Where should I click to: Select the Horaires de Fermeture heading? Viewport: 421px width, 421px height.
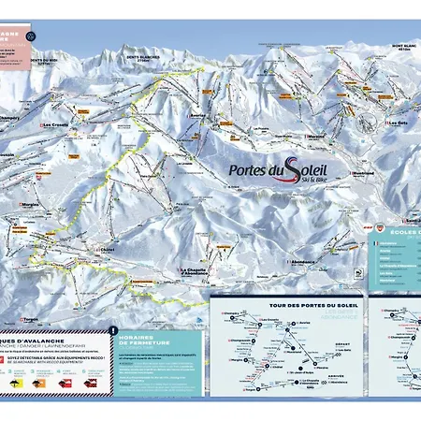coord(140,340)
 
